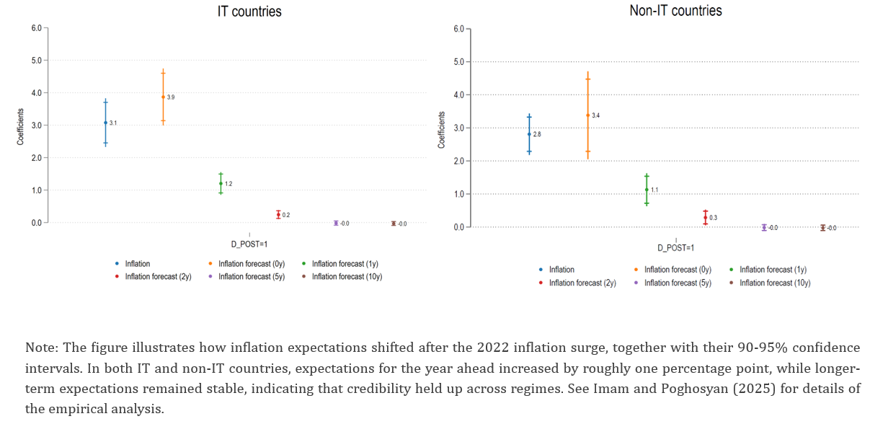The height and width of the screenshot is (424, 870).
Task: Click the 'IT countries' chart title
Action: click(249, 12)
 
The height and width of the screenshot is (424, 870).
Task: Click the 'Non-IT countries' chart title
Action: click(675, 11)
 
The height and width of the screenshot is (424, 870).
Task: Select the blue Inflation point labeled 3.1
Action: click(105, 123)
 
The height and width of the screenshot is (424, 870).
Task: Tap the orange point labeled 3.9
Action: click(163, 97)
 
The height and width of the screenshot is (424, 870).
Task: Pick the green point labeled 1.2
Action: click(221, 183)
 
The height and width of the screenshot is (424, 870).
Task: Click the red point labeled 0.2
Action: click(278, 215)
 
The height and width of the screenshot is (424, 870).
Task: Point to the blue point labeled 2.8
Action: click(529, 134)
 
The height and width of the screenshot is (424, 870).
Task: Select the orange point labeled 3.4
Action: click(587, 115)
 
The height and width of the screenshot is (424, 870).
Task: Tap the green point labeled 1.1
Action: click(647, 190)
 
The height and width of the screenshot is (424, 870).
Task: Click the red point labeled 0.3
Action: click(706, 217)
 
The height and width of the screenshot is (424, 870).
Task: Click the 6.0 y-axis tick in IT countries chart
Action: click(36, 28)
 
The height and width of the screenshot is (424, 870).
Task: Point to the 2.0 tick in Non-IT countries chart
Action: click(458, 161)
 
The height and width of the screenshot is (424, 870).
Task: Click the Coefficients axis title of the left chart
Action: click(21, 127)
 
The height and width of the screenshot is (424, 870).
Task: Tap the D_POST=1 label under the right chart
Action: click(675, 248)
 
